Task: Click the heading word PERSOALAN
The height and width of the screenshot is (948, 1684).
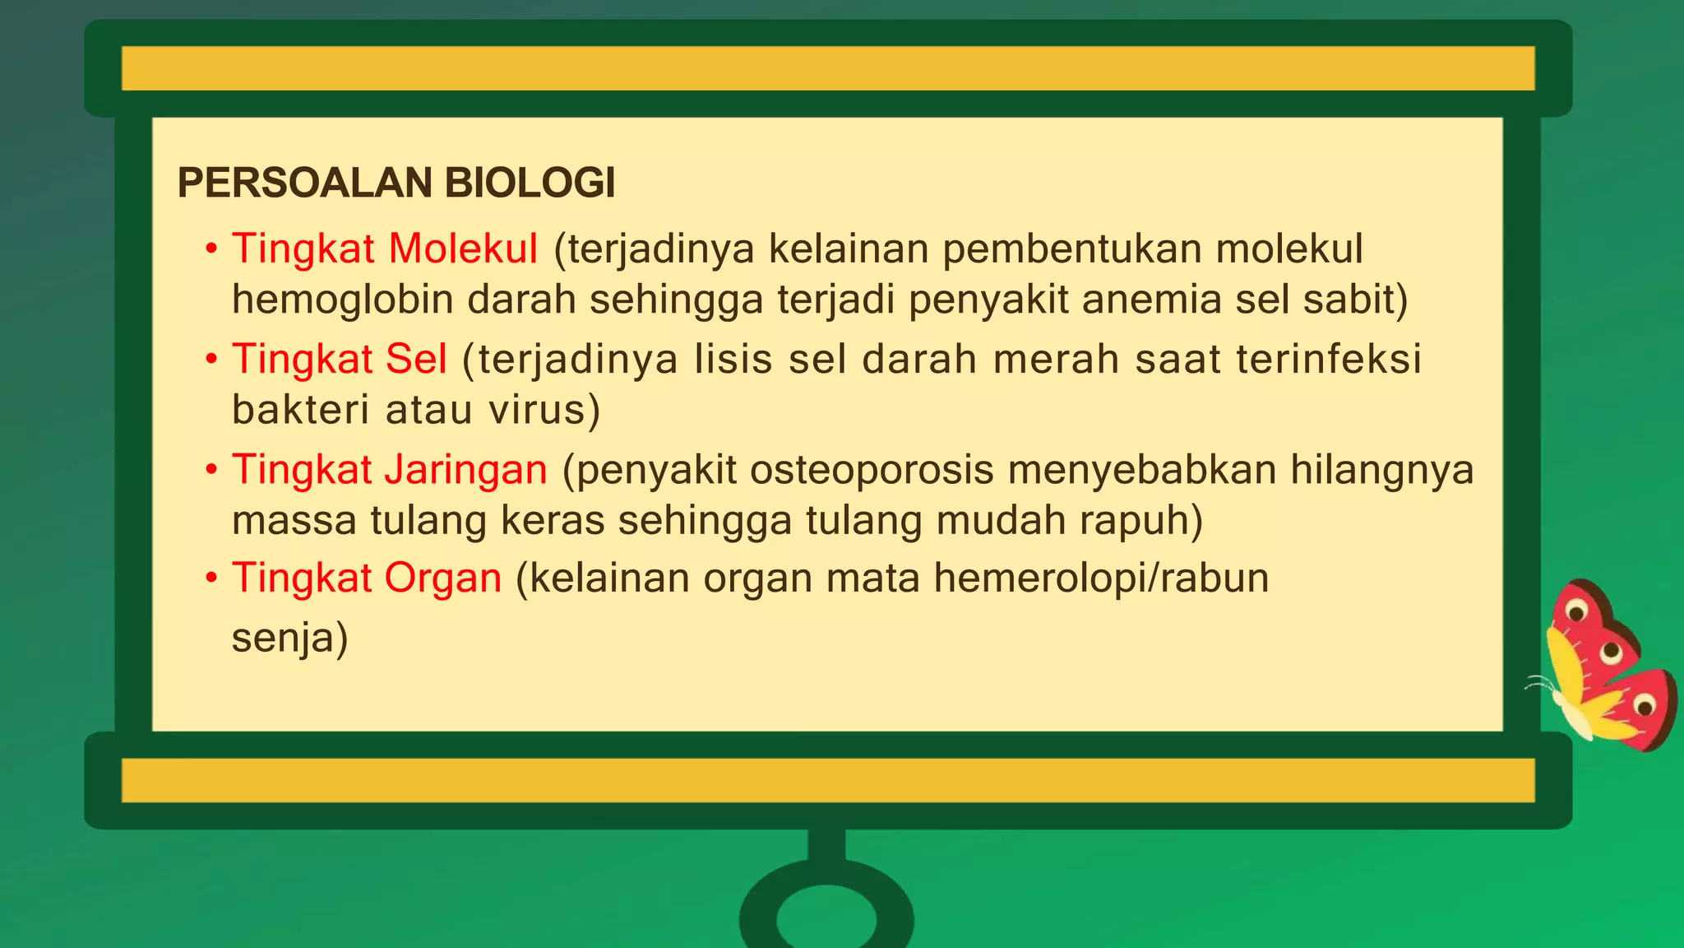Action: pos(298,183)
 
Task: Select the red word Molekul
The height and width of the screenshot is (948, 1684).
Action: pos(463,249)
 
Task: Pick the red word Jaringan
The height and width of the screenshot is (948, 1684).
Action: pos(465,470)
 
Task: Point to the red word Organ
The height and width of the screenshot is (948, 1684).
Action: pos(442,578)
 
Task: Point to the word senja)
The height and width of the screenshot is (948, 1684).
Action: pos(289,638)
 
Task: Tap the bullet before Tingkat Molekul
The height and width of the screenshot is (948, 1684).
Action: pos(211,249)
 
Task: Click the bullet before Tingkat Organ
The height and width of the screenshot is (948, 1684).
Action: pos(211,578)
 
